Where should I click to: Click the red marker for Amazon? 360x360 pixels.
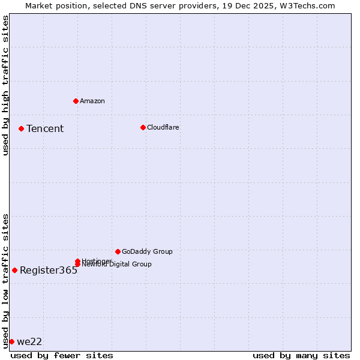[x=76, y=101]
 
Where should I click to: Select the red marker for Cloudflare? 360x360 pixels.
[x=143, y=127]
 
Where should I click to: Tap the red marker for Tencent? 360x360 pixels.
[x=21, y=128]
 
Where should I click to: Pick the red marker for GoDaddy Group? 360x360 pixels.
[x=118, y=251]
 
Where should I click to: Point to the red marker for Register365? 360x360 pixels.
[x=14, y=270]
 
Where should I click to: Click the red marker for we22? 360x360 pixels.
[x=11, y=341]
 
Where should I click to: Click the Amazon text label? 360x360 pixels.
[x=92, y=101]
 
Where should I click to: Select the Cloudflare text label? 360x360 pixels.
[x=163, y=127]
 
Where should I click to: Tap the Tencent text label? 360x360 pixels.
[x=45, y=128]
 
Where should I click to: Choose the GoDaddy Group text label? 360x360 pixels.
[x=147, y=251]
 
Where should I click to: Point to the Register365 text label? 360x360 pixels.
[x=49, y=270]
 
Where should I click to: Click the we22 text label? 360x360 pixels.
[x=29, y=341]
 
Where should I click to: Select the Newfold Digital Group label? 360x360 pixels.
[x=117, y=265]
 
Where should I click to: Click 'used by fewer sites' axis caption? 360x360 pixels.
[x=62, y=355]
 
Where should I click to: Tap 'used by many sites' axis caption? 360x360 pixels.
[x=301, y=355]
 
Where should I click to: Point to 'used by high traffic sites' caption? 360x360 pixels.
[x=5, y=85]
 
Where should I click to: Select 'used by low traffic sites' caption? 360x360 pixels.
[x=5, y=280]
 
